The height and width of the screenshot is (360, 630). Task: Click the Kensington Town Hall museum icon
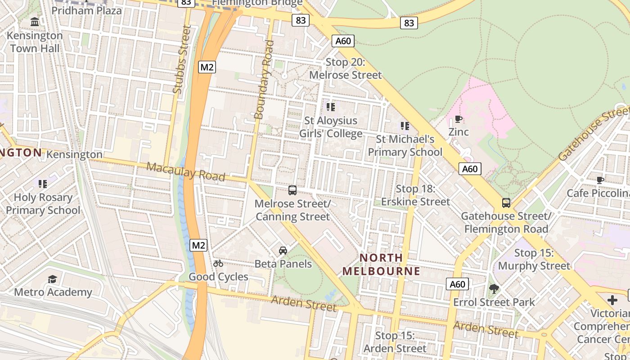35,22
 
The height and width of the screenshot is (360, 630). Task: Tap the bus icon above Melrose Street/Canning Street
292,190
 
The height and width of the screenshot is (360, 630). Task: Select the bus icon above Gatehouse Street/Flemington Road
506,203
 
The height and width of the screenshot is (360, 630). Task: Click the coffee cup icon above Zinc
458,119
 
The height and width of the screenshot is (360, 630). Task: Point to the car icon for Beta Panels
283,251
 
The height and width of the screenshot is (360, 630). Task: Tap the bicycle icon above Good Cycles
218,263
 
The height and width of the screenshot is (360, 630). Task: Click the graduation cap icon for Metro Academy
53,279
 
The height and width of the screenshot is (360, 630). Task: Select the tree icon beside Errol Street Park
494,289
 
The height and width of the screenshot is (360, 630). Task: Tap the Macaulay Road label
185,171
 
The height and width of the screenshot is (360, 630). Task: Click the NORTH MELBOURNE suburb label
381,265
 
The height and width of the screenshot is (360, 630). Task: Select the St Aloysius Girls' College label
331,127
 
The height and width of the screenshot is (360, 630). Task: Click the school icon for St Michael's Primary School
405,126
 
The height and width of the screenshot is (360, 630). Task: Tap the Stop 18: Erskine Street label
415,195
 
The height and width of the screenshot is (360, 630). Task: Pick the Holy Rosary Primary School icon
43,184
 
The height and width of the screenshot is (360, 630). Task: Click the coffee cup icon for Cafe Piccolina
600,180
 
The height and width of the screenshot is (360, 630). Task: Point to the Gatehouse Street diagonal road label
593,134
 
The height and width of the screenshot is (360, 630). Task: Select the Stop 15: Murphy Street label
534,259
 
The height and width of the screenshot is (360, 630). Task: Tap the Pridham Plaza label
86,10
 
